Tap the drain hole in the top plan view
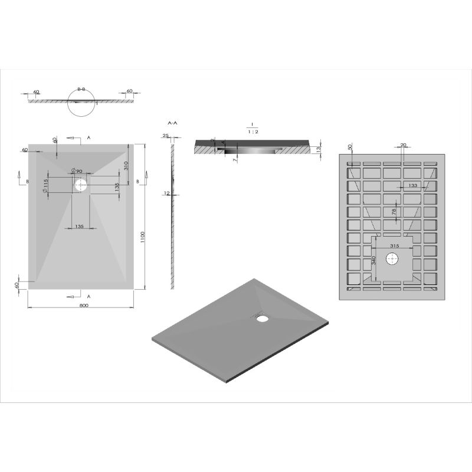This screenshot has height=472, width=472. (81, 185)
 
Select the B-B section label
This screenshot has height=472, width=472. (81, 89)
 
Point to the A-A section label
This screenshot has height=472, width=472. (172, 123)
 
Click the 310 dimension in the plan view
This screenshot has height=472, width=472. (126, 166)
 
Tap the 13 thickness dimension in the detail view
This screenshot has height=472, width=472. (319, 150)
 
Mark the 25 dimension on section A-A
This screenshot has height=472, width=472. (166, 136)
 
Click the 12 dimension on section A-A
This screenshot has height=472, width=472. (167, 193)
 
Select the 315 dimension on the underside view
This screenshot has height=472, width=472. (395, 245)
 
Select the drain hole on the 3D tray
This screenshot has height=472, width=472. (262, 319)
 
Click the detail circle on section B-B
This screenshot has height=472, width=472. (81, 102)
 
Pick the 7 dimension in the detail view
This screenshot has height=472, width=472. (235, 159)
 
